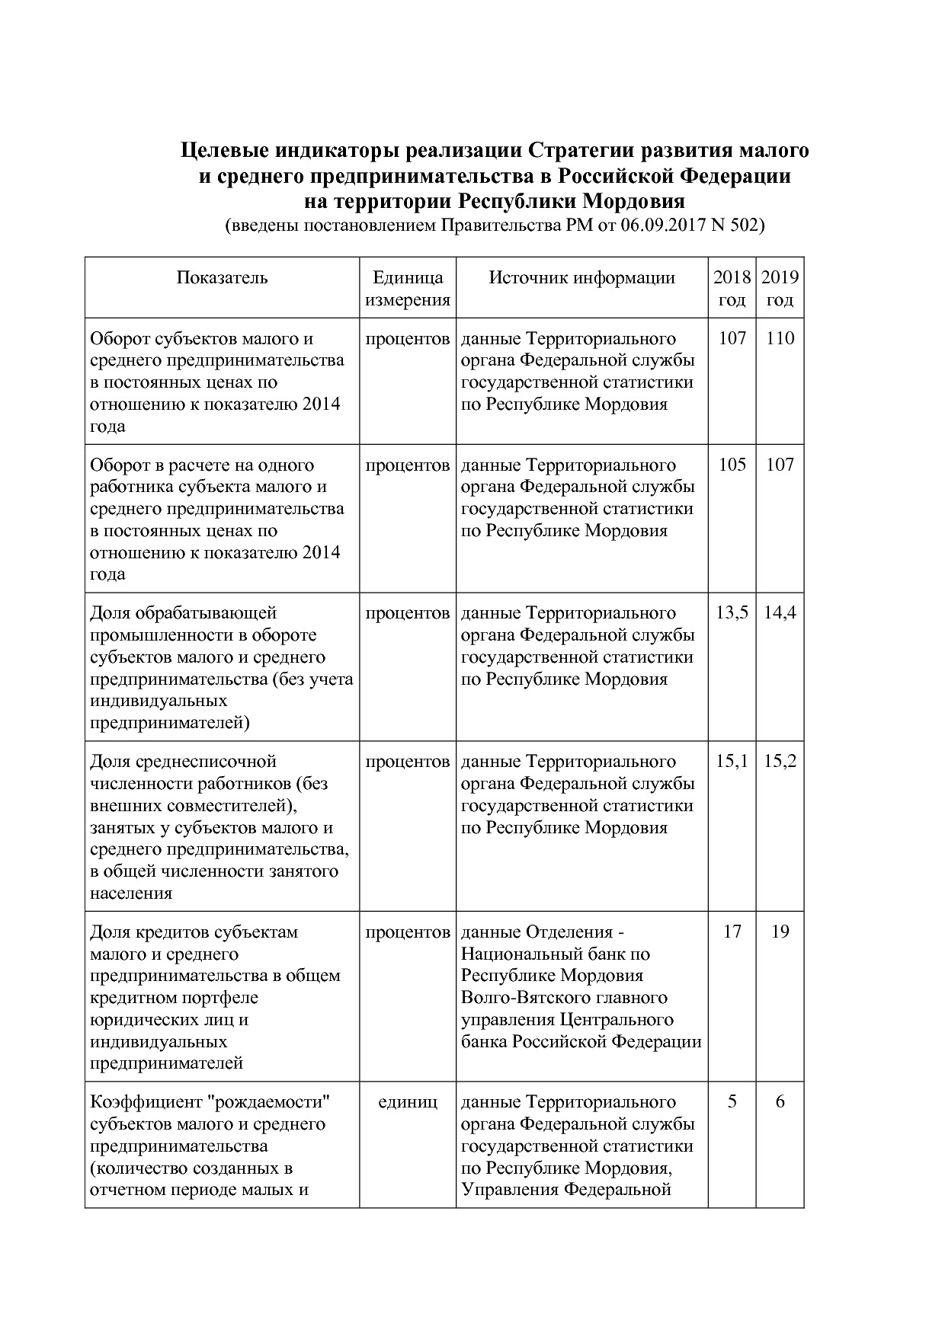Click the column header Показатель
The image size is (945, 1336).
[x=222, y=277]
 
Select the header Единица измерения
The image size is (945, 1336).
[x=408, y=288]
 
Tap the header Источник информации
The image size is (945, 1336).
[x=581, y=277]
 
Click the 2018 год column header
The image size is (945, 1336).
[x=732, y=288]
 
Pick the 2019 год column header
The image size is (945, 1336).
[x=780, y=288]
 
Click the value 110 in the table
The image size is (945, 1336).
[x=780, y=338]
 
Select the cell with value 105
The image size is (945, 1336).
[x=732, y=465]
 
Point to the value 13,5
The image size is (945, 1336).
[x=732, y=612]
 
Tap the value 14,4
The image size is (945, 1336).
[x=780, y=612]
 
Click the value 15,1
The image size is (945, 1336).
[x=732, y=761]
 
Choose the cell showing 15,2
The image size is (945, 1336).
[x=780, y=761]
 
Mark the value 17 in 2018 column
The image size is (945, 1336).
[x=732, y=932]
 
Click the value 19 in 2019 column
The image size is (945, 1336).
[x=780, y=932]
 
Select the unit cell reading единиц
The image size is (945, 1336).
[x=408, y=1102]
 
